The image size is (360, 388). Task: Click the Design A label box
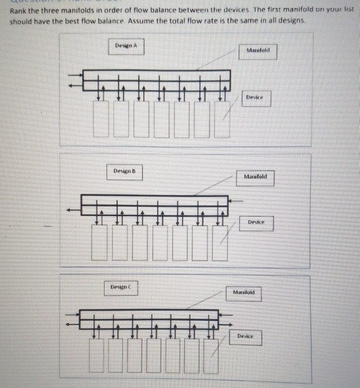[x=126, y=46]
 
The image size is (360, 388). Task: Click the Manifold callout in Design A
[x=258, y=51]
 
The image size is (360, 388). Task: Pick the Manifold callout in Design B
[x=255, y=177]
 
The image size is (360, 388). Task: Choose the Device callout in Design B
[x=256, y=223]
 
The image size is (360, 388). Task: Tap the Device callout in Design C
[x=245, y=336]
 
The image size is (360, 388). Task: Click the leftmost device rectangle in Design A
[x=101, y=119]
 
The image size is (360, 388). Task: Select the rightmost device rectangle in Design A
[x=221, y=119]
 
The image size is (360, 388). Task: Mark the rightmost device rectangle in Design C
[x=211, y=356]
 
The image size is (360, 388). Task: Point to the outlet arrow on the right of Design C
[x=226, y=316]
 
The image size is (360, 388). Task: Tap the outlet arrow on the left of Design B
[x=72, y=211]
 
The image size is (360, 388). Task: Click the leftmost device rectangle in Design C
[x=97, y=356]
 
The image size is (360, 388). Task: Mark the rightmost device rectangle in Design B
[x=220, y=242]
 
